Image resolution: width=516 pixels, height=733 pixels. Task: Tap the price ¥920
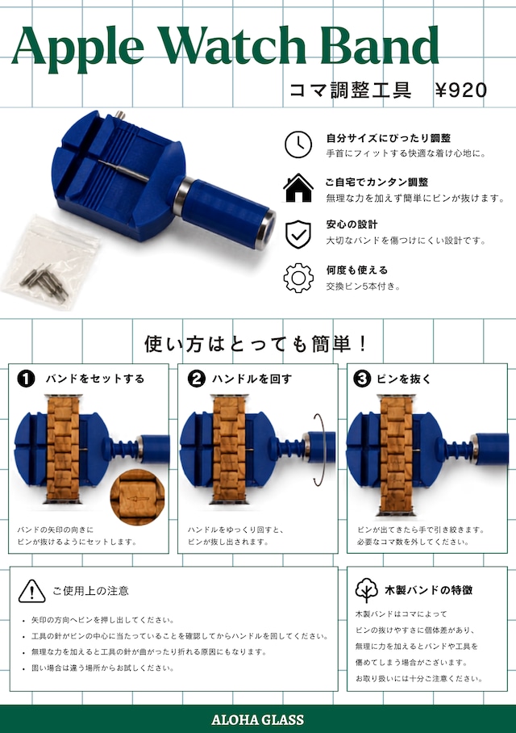pos(461,90)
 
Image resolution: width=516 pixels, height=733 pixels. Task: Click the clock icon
pos(298,145)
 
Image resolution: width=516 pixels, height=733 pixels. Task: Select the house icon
pos(298,188)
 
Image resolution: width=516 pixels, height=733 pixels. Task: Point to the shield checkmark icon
pos(298,234)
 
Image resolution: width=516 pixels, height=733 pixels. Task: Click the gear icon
pos(298,278)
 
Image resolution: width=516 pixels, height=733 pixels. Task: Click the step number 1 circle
pos(26,379)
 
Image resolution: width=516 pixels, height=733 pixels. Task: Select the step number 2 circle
pos(196,379)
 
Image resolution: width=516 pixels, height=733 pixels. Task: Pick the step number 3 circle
pos(362,379)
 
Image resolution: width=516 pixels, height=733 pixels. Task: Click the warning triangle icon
pos(31,591)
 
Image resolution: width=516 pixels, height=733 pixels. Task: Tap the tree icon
pos(367,590)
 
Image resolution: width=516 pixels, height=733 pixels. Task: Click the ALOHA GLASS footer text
pos(258,719)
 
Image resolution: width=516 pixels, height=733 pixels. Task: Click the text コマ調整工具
pos(350,90)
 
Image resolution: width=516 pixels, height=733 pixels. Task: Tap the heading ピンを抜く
pos(404,379)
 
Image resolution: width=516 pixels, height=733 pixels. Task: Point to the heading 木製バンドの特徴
pos(428,590)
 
